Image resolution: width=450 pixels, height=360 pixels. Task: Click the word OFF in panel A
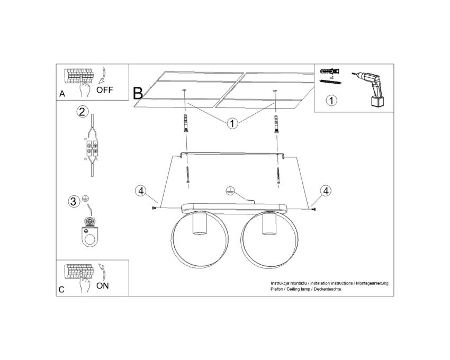104,90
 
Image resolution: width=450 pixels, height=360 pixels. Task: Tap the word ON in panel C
103,286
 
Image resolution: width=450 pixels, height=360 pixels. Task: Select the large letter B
138,93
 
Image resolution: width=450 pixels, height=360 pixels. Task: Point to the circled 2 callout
83,112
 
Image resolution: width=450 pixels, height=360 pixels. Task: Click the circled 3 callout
74,201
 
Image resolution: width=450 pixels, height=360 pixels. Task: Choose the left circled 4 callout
141,191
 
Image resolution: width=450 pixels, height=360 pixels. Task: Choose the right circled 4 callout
326,191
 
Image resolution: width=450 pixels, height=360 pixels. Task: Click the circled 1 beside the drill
331,101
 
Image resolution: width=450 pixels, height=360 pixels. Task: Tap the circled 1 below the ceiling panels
232,123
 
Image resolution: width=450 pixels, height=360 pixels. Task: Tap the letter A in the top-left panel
62,94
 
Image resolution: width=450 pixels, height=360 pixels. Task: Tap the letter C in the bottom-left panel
61,290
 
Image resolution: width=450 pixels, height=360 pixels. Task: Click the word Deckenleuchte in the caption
328,289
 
